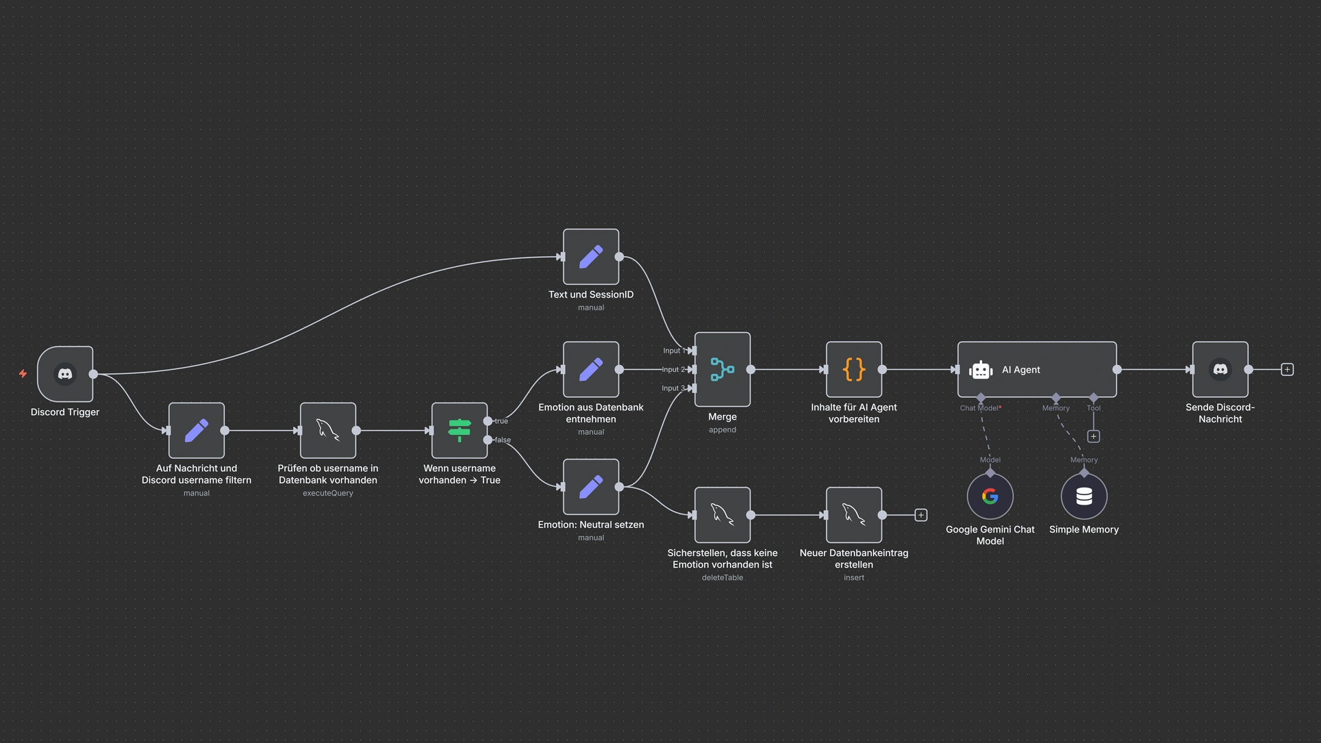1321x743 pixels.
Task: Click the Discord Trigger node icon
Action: pos(65,374)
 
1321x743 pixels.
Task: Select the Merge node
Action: pos(722,369)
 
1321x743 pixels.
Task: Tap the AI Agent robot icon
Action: pos(981,370)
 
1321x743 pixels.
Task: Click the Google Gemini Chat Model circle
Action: pos(990,496)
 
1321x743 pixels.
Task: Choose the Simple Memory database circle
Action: pos(1083,496)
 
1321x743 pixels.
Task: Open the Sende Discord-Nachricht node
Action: pos(1220,370)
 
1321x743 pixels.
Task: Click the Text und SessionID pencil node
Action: pos(591,257)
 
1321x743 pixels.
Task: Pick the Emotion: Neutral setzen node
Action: pos(591,487)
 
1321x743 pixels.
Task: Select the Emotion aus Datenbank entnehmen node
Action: pos(591,370)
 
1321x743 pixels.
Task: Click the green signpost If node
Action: pos(460,430)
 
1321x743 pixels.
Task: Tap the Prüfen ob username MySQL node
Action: pos(328,430)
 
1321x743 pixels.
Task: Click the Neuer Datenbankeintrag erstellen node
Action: pos(854,515)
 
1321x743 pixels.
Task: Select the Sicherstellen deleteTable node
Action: pos(722,515)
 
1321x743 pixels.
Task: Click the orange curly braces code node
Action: pos(854,370)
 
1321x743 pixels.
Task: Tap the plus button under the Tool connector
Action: pos(1094,436)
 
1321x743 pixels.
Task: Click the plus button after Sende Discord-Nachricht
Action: pos(1287,370)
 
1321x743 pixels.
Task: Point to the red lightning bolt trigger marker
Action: pos(23,374)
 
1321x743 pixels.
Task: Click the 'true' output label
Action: pos(501,421)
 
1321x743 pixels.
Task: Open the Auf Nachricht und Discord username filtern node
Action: pos(197,430)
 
